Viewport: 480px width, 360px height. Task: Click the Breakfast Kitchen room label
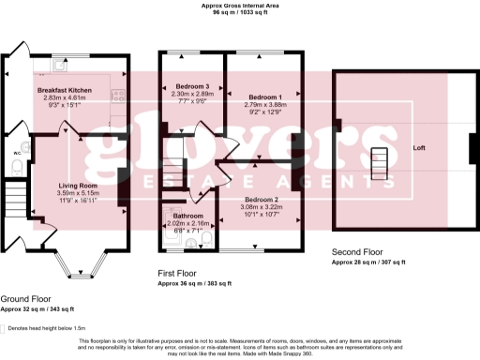66,89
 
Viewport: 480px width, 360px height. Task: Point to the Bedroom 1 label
264,97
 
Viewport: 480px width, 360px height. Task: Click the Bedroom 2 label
262,200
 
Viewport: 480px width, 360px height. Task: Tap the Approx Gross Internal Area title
240,6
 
